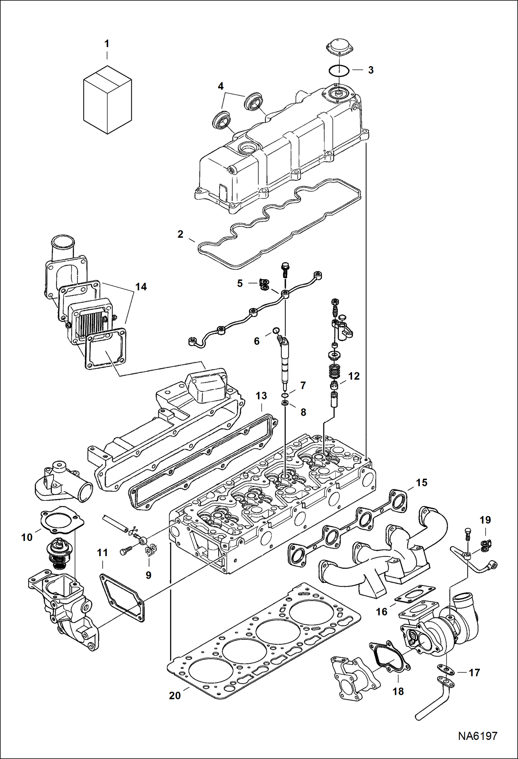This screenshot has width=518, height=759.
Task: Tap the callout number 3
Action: [x=371, y=70]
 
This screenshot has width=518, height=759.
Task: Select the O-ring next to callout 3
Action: [x=339, y=70]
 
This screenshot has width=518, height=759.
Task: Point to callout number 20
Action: [x=175, y=696]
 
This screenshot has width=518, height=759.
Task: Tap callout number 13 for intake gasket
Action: [x=261, y=396]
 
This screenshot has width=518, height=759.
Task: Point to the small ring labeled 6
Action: [x=276, y=330]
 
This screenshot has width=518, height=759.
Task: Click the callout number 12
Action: [x=354, y=376]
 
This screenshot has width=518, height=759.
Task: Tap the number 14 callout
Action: [x=141, y=287]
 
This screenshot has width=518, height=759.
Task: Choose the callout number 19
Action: [x=485, y=520]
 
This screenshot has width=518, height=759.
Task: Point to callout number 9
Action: [x=148, y=575]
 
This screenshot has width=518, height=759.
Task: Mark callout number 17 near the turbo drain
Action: [x=474, y=672]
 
